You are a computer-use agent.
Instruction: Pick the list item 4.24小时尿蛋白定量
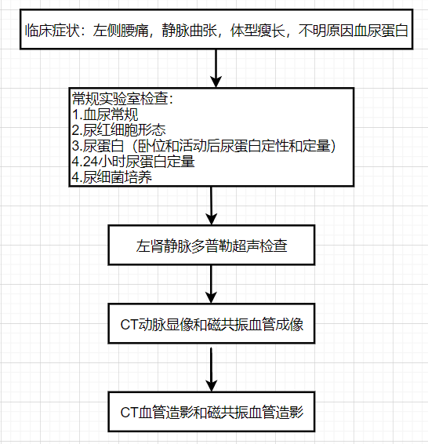pos(132,162)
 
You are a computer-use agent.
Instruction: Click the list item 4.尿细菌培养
pos(111,177)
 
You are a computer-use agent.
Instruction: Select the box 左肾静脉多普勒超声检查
pos(212,246)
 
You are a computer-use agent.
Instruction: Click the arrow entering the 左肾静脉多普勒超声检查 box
pos(212,206)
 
